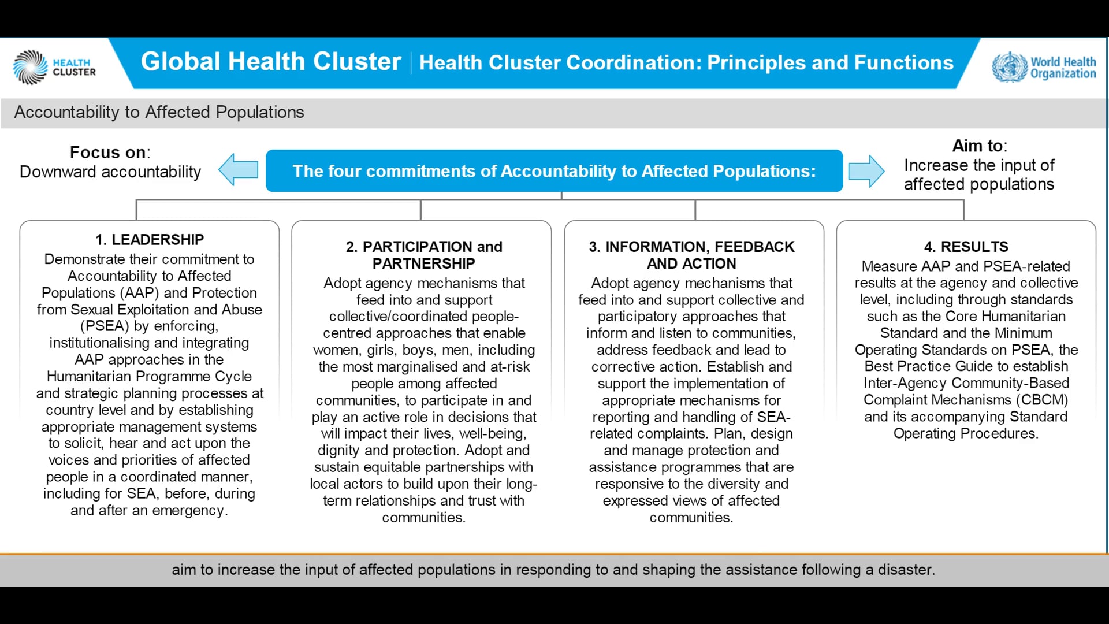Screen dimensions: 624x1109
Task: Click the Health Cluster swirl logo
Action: [30, 67]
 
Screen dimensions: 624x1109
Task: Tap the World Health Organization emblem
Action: [1009, 67]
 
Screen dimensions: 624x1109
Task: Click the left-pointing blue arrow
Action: [238, 169]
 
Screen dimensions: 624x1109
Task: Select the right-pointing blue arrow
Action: [866, 171]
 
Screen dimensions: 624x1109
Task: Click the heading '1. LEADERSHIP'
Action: [150, 239]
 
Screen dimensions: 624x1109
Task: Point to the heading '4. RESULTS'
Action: [966, 247]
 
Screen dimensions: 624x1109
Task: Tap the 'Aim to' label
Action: [978, 146]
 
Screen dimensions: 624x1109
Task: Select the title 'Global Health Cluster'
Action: [271, 62]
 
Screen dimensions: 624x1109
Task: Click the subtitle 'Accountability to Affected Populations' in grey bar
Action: [159, 112]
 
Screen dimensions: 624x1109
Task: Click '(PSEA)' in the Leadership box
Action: [105, 326]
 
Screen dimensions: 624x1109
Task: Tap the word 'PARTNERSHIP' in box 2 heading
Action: [423, 263]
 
